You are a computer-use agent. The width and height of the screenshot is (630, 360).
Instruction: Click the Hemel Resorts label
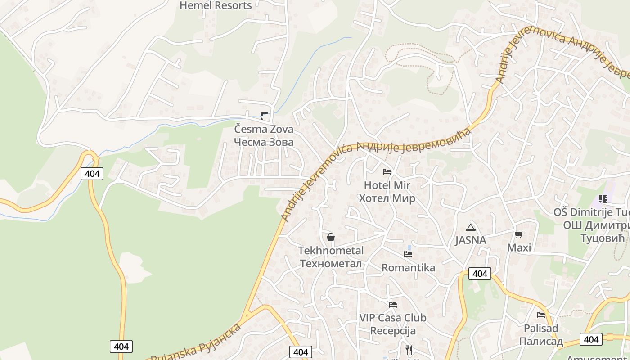click(216, 5)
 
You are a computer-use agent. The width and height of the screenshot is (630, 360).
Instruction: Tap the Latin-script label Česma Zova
click(264, 129)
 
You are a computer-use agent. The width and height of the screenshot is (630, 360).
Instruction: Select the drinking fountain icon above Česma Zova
click(264, 116)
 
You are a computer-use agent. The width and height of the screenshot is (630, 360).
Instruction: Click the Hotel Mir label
click(387, 185)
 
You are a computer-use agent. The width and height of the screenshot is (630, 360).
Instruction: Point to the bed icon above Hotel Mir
click(387, 171)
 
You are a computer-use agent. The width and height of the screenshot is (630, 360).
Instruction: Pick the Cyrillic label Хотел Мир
click(387, 198)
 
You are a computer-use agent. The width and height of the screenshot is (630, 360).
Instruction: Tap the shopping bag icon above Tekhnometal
click(331, 237)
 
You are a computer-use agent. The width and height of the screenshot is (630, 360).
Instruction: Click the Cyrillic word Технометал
click(331, 263)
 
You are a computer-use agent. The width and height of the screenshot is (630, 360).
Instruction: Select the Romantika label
click(408, 268)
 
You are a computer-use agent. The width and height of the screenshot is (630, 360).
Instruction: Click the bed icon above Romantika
click(408, 254)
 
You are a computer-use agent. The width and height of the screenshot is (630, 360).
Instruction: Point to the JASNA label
click(470, 240)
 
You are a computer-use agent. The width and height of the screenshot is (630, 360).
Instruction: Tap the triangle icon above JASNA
click(471, 227)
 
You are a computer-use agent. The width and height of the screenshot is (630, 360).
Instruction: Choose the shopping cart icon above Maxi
click(519, 234)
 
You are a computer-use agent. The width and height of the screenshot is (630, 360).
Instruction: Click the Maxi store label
click(519, 247)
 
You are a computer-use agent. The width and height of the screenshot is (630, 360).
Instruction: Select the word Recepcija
click(393, 331)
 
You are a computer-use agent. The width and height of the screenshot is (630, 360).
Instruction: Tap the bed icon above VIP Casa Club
click(393, 305)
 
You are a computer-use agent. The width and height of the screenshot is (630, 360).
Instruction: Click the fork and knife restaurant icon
click(409, 349)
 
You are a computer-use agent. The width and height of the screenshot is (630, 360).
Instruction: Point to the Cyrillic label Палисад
click(541, 341)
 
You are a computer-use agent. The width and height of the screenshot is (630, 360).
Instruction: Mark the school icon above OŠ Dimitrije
click(603, 199)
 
